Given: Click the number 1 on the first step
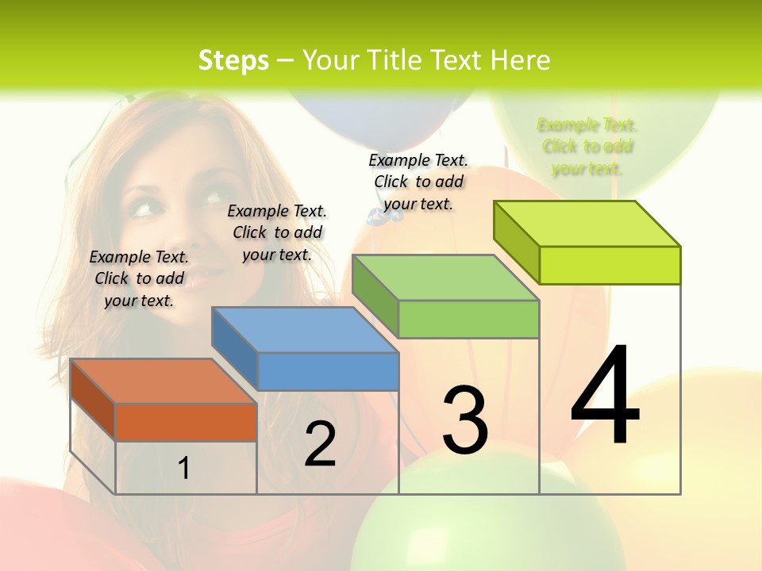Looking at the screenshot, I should (184, 468).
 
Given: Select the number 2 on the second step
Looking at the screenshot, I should (320, 443).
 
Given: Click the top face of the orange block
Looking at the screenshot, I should (163, 381).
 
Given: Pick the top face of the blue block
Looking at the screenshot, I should (305, 329).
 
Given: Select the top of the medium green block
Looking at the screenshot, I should (445, 278).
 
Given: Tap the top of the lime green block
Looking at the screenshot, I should (587, 223).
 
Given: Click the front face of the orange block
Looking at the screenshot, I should (186, 422).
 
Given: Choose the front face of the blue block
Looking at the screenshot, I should (328, 371).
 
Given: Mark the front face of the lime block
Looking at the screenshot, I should (610, 265).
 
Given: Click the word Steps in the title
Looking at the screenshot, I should (233, 60).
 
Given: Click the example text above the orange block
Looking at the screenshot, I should (139, 278).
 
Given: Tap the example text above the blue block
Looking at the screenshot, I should (277, 232).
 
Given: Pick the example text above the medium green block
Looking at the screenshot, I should (418, 182).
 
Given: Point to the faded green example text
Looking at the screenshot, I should (587, 147).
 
